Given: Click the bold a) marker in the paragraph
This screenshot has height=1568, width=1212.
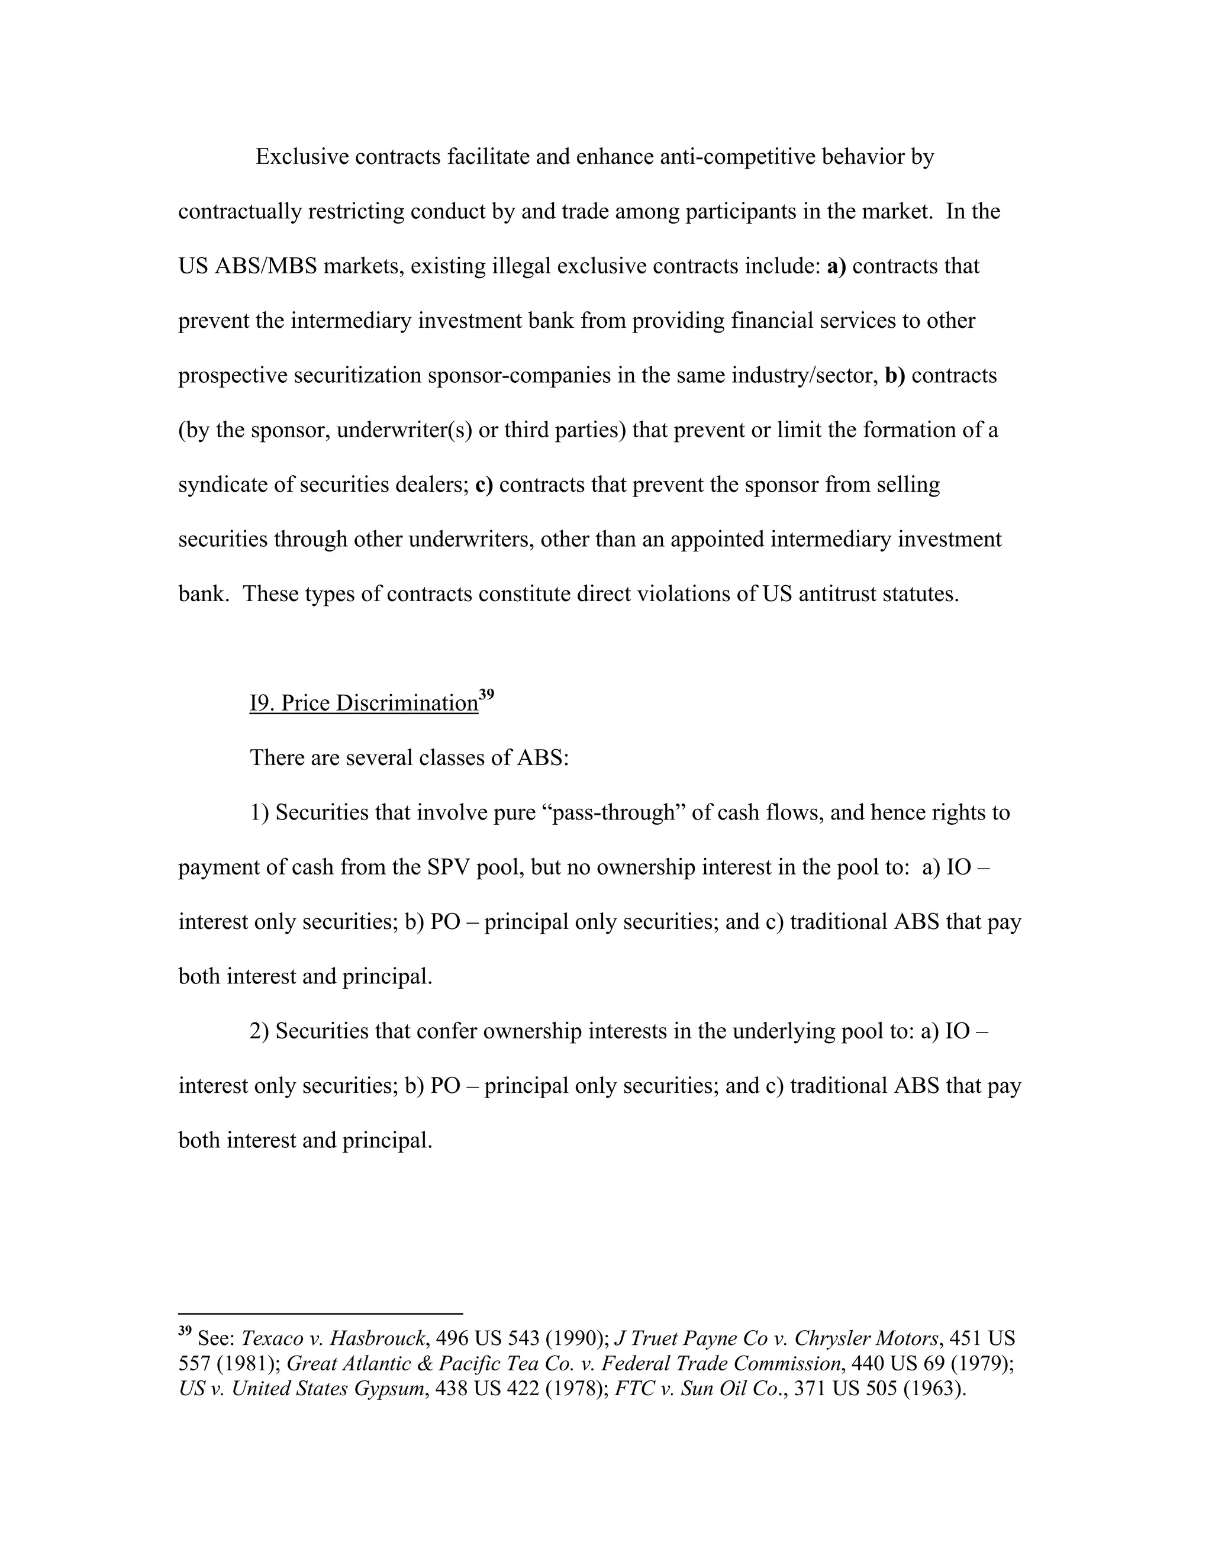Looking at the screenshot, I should [x=836, y=266].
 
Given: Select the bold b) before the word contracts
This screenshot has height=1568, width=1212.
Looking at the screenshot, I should [x=895, y=376].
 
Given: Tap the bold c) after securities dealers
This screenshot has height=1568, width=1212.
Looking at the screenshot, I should [x=484, y=485].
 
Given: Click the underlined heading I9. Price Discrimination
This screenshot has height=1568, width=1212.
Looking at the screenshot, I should [x=363, y=704].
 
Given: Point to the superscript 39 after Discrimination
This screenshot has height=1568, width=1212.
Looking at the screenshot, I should [x=487, y=694].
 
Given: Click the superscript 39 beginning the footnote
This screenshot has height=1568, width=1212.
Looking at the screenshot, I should [x=185, y=1332].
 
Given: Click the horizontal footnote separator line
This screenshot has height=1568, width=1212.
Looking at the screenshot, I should [x=320, y=1313].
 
